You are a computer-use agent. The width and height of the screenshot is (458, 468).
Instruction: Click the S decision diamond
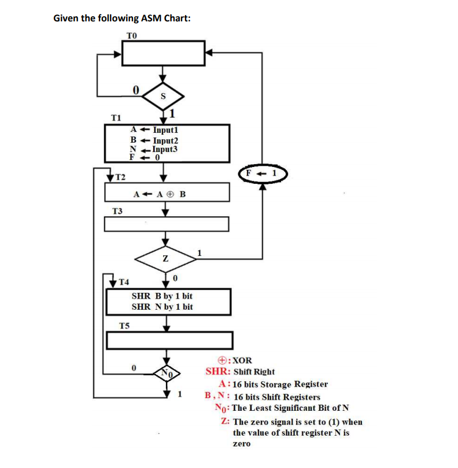coord(163,97)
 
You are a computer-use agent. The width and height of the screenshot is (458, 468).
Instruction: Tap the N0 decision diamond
coord(167,373)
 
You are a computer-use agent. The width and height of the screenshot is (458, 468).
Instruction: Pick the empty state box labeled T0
coord(163,53)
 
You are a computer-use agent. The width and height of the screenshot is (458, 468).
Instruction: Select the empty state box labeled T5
coord(169,340)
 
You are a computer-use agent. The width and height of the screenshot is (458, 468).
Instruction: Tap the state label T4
coord(124,282)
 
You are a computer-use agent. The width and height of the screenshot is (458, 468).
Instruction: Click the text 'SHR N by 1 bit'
coord(162,307)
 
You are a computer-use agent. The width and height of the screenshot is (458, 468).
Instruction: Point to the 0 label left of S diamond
coord(135,90)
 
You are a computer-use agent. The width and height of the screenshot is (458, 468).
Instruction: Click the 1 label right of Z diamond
coord(200,252)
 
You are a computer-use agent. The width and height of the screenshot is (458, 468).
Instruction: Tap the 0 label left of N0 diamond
coord(134,367)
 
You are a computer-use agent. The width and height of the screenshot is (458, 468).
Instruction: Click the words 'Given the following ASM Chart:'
coord(122,18)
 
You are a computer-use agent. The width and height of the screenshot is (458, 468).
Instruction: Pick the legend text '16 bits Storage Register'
coord(280,384)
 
